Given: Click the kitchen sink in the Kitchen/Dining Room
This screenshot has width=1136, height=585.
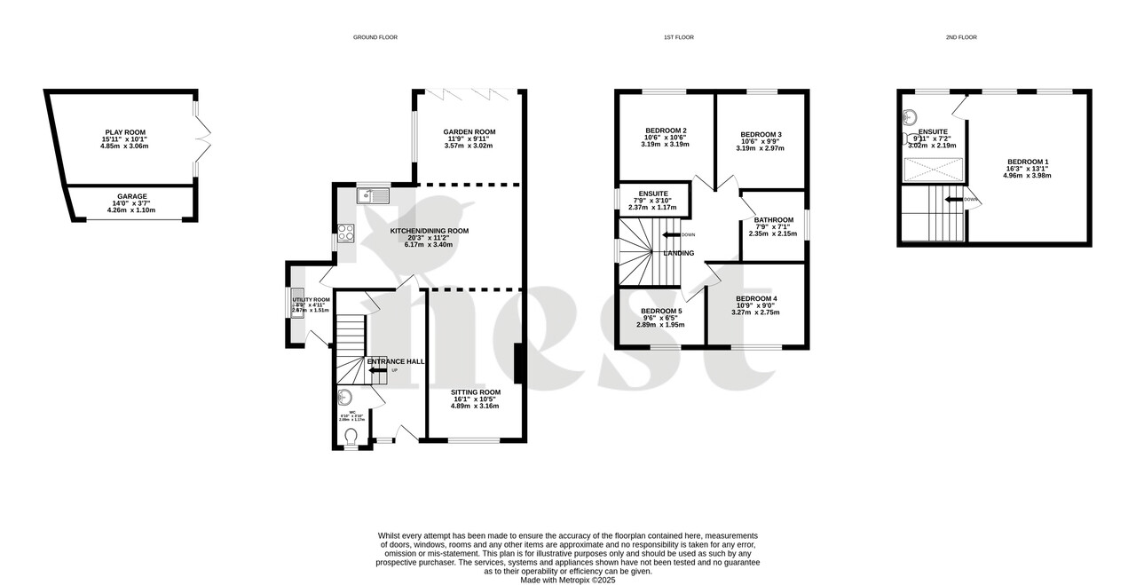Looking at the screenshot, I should pyautogui.click(x=372, y=196).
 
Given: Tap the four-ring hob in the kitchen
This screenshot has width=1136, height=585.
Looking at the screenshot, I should pyautogui.click(x=345, y=233).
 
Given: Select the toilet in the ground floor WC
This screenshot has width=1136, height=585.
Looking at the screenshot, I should pyautogui.click(x=351, y=436).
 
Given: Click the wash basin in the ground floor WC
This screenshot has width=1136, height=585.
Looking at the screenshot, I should pyautogui.click(x=345, y=398).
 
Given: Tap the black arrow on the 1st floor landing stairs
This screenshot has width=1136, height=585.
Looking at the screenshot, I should pyautogui.click(x=672, y=234).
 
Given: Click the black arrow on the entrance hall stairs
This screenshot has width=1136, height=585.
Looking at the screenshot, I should pyautogui.click(x=378, y=370).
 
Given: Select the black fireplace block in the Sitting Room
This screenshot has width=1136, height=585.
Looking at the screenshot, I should pyautogui.click(x=518, y=364).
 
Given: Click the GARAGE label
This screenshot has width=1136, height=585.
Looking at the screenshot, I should pyautogui.click(x=132, y=196).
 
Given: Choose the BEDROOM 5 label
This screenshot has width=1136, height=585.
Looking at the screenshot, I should pyautogui.click(x=661, y=311).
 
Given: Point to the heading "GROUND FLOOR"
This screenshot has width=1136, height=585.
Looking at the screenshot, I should pyautogui.click(x=375, y=37).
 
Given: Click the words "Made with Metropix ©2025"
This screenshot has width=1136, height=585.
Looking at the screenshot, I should pyautogui.click(x=568, y=580).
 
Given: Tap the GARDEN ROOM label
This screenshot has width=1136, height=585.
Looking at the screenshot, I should pyautogui.click(x=469, y=132).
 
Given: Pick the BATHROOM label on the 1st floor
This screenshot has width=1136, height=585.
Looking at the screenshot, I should pyautogui.click(x=774, y=220).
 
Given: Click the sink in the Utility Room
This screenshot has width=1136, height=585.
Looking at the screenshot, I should pyautogui.click(x=296, y=303).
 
